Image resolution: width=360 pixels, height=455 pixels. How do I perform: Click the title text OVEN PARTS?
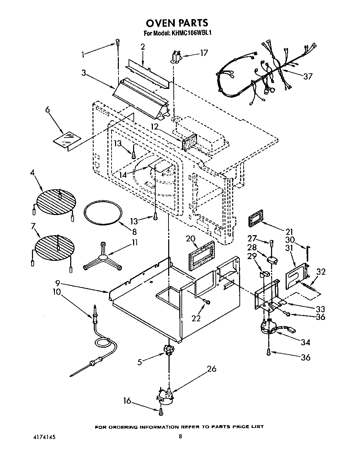(177, 23)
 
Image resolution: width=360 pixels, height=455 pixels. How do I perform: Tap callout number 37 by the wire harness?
(308, 76)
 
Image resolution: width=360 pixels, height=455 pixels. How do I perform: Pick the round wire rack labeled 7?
(55, 247)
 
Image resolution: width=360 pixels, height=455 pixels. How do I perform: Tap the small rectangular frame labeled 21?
(255, 221)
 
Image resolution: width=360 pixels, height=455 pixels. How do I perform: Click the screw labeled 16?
(161, 412)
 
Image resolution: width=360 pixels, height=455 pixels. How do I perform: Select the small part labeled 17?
(177, 58)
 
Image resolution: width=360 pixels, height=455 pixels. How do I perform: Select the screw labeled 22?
(208, 302)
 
